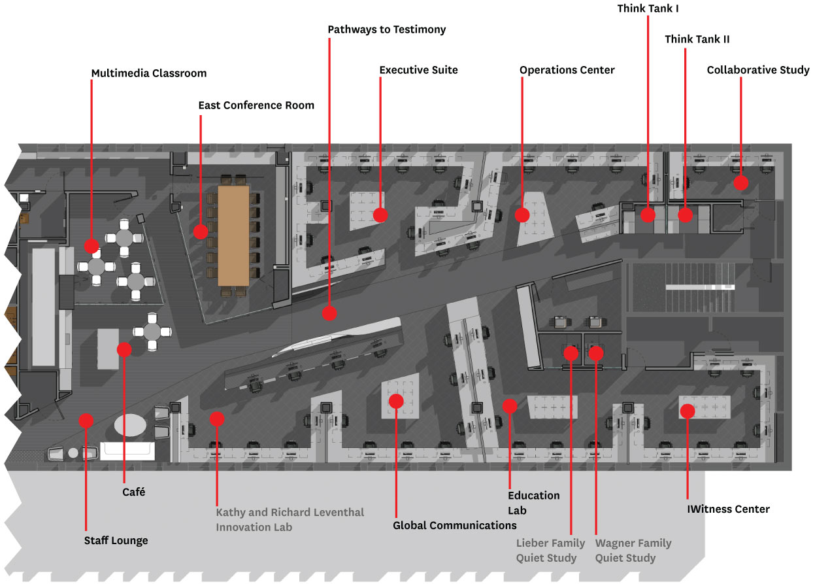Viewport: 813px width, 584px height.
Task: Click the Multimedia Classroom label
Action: [149, 73]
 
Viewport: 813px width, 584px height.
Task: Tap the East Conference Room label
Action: [256, 105]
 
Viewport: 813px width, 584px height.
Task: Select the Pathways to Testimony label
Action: [386, 29]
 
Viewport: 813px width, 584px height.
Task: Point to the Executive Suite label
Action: [418, 70]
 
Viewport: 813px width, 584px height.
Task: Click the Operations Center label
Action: [567, 70]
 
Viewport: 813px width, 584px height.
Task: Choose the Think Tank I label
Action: [648, 9]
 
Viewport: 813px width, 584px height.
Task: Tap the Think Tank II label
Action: [697, 39]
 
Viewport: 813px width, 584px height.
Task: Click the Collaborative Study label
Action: [758, 70]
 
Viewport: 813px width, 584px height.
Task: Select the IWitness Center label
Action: [728, 509]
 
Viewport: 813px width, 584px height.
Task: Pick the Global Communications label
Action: [454, 525]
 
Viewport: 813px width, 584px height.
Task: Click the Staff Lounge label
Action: [116, 540]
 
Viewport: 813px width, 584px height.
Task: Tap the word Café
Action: [133, 492]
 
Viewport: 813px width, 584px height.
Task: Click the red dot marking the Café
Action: [124, 350]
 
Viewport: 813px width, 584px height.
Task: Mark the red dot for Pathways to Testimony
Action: [329, 313]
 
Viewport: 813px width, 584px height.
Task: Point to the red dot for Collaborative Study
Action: [740, 182]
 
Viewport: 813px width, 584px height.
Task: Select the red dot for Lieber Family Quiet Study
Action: [571, 353]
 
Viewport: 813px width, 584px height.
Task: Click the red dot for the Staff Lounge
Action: [86, 421]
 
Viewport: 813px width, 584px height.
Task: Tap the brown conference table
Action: [233, 235]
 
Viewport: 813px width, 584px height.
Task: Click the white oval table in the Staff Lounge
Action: [130, 425]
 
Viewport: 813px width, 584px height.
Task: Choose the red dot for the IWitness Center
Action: [688, 411]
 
